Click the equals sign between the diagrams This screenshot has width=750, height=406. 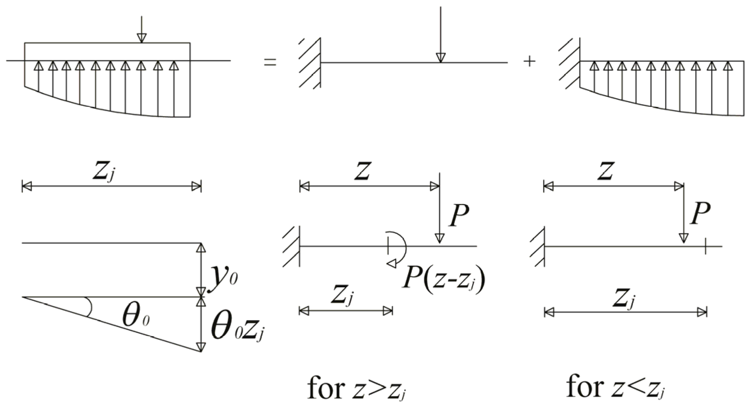point(270,62)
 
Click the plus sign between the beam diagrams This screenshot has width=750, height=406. point(530,61)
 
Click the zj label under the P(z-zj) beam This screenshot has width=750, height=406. point(342,296)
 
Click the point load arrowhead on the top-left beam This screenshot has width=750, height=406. point(141,38)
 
